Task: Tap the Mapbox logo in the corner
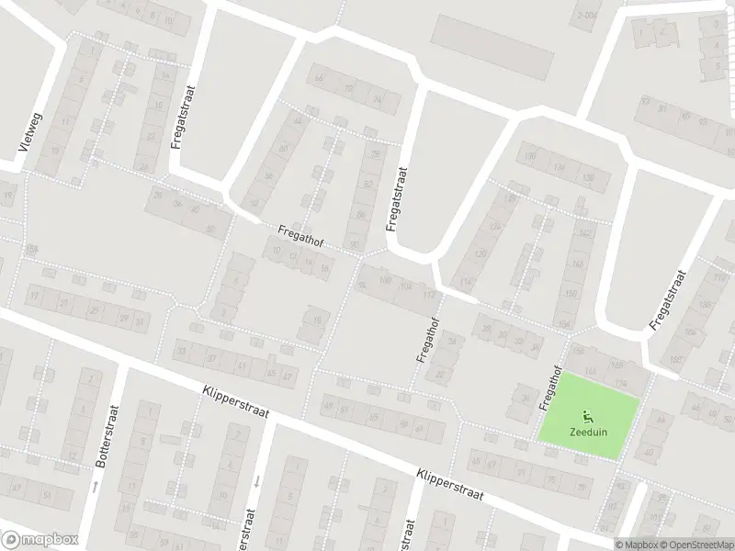pos(40,540)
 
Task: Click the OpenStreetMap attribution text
pos(692,544)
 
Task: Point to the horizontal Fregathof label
pos(300,232)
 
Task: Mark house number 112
pos(427,296)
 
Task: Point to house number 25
pos(93,309)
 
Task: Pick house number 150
pos(571,294)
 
